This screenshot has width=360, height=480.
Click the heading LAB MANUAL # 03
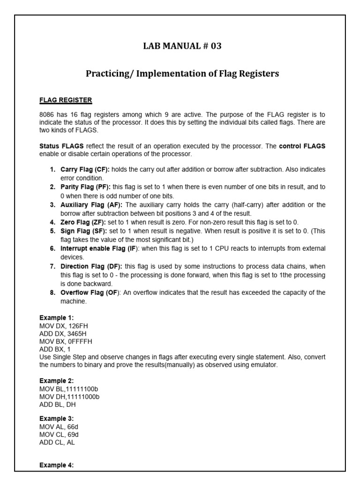tap(182, 46)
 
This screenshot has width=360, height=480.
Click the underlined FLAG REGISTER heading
tap(66, 100)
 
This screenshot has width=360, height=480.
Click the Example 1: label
tap(57, 317)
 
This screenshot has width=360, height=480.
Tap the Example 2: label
tap(57, 381)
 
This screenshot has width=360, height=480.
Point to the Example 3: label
tap(57, 418)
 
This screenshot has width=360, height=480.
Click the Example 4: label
tap(57, 465)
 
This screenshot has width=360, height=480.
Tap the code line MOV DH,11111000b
tap(69, 397)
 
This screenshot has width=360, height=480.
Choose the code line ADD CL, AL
tap(57, 442)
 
